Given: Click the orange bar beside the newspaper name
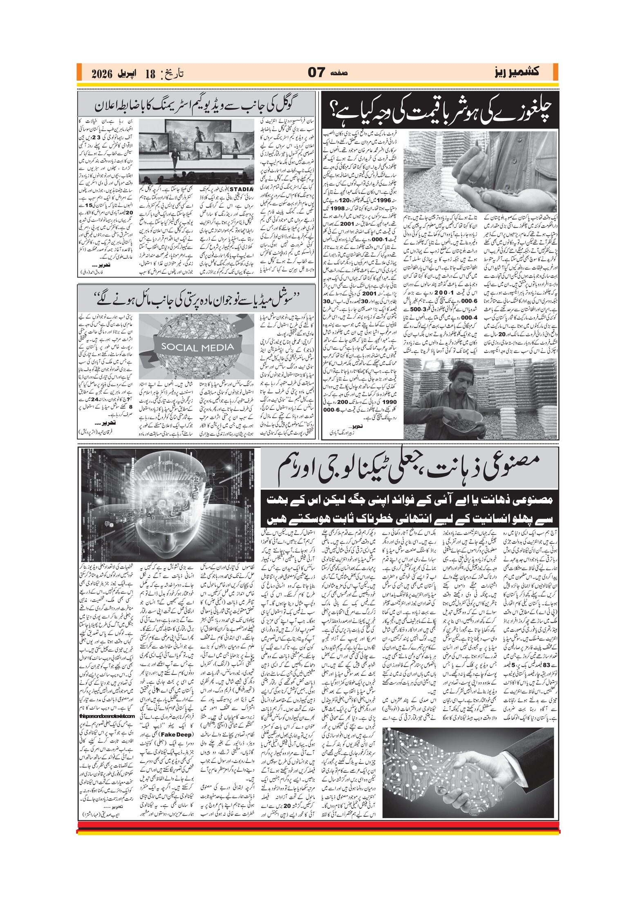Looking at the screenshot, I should (x=555, y=72).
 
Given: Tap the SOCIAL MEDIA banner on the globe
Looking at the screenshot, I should (x=197, y=347).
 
